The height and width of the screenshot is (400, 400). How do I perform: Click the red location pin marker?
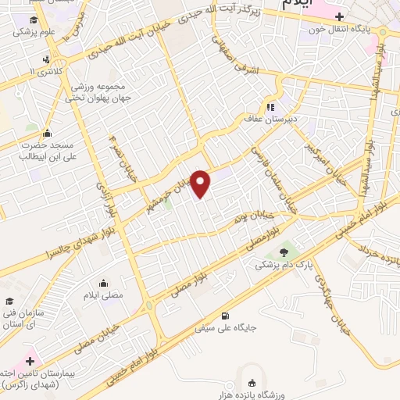point(201,184)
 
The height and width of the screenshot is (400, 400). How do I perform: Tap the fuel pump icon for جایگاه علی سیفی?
point(226,316)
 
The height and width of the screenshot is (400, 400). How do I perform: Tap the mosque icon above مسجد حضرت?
point(48,134)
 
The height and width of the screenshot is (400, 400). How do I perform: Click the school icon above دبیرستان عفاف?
point(270,107)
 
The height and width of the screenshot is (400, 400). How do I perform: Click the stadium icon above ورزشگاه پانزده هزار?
point(252,383)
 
